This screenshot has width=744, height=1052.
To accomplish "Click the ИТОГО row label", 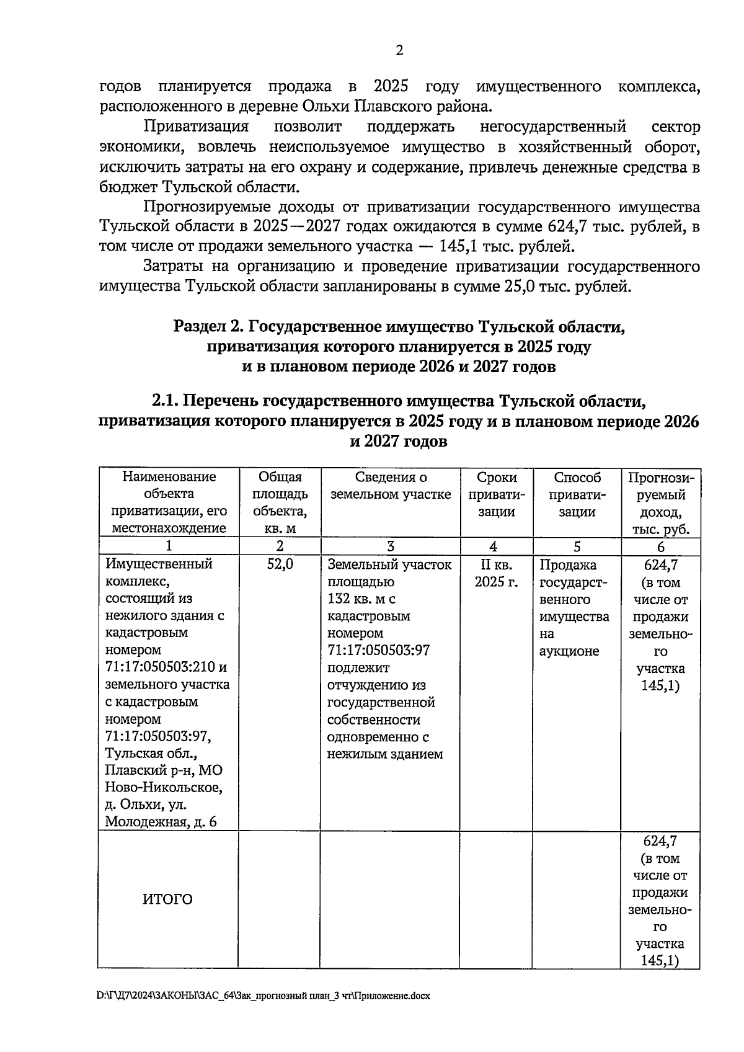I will click(x=167, y=899).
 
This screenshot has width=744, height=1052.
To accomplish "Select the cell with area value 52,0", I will click(x=280, y=564).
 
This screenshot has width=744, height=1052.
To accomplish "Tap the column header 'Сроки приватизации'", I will click(x=496, y=494).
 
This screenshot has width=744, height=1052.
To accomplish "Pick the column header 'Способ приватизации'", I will click(x=577, y=494).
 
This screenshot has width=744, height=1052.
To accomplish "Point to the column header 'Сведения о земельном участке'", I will click(x=391, y=486).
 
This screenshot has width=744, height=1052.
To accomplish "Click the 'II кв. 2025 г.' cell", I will click(x=496, y=573).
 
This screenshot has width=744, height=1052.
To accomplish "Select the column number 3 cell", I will click(x=391, y=546).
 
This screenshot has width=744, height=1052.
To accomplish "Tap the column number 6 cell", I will click(x=660, y=546).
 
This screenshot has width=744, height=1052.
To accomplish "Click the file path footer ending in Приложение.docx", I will click(x=263, y=996).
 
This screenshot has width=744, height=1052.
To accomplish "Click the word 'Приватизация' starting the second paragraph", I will click(x=196, y=127).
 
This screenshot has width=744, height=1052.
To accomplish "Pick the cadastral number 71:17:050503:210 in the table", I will click(x=161, y=667).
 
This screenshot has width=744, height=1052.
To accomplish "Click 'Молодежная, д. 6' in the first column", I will click(x=161, y=822).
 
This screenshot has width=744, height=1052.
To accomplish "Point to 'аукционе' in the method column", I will click(x=569, y=651).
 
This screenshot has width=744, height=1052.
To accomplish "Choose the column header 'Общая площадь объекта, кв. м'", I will click(x=280, y=502).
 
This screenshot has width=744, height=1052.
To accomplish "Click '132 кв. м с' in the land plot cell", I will click(x=361, y=599).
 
